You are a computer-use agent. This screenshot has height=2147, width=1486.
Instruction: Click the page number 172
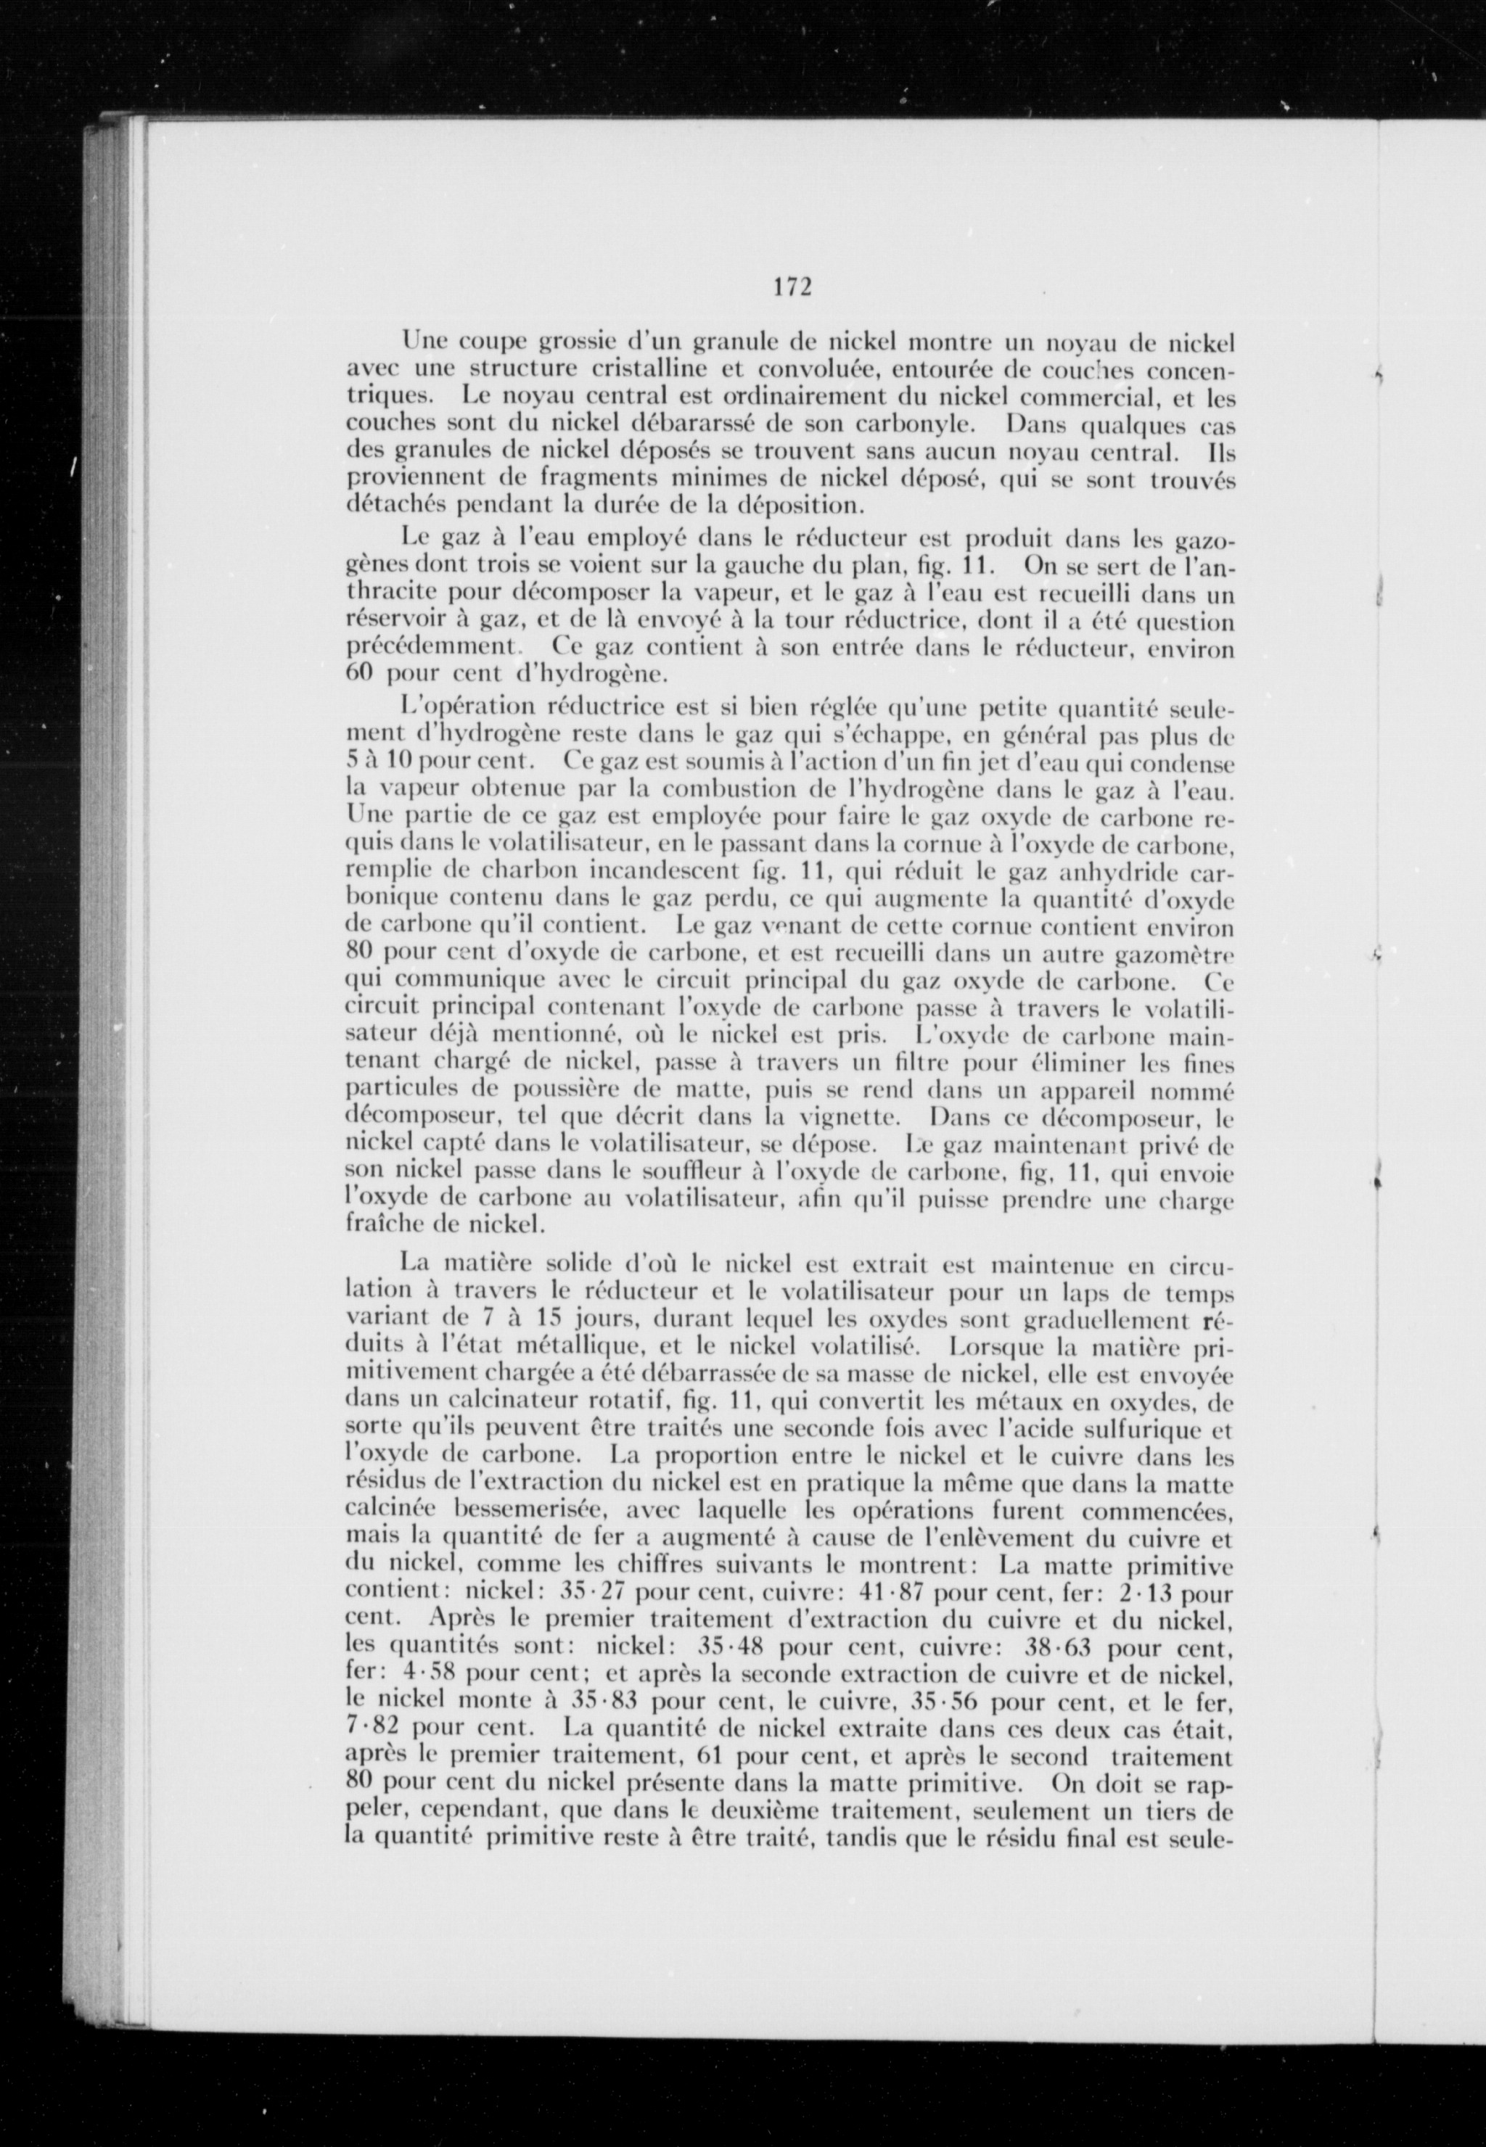tap(792, 287)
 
